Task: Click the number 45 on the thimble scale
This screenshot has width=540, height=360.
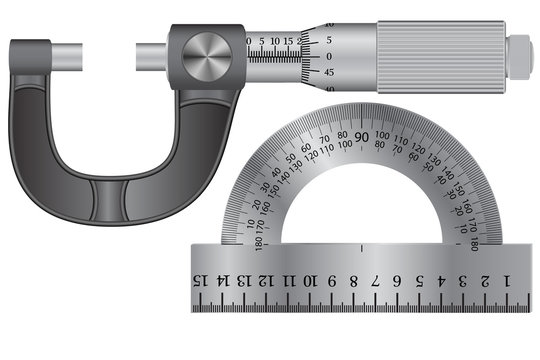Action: pyautogui.click(x=330, y=73)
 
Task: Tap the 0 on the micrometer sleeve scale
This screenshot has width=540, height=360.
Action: pyautogui.click(x=249, y=42)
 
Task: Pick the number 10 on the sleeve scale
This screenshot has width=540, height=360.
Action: pyautogui.click(x=275, y=42)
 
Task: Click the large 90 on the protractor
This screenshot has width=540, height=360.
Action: pyautogui.click(x=360, y=137)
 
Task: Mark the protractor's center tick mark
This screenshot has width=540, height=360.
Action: pyautogui.click(x=359, y=245)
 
